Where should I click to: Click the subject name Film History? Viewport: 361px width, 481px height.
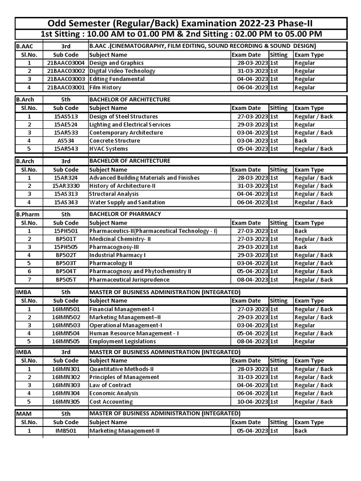pos(105,87)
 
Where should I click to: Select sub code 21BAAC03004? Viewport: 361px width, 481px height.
pos(66,63)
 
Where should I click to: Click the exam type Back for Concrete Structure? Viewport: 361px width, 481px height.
pos(301,140)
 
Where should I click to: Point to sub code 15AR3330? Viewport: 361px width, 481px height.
pos(66,186)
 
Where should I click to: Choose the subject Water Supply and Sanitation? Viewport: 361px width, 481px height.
pos(127,202)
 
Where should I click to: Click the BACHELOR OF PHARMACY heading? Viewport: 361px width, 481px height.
pos(125,214)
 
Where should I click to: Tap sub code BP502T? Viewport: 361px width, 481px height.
pos(66,255)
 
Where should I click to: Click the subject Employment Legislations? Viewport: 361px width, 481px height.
pos(123,341)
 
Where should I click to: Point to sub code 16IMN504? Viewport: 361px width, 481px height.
pos(66,334)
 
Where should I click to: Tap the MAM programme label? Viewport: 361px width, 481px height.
pos(24,414)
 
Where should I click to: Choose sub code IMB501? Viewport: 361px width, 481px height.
pos(66,430)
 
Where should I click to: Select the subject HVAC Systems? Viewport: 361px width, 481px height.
pos(109,149)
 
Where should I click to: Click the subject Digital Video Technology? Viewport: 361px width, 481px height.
pos(122,71)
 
